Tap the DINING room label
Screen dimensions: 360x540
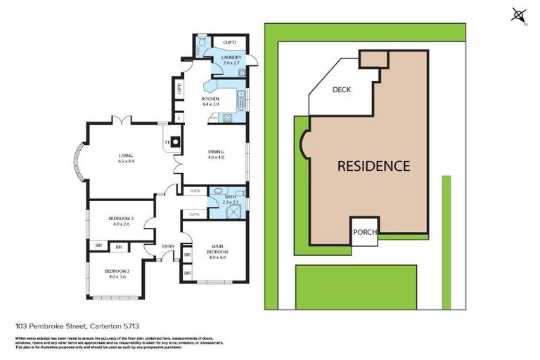point(215,152)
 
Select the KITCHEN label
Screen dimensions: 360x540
point(210,98)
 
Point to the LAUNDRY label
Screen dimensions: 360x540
point(231,58)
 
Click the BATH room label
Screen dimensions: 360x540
point(231,197)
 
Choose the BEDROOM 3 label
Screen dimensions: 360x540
point(120,219)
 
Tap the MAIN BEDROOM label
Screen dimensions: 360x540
point(217,248)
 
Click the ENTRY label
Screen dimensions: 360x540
point(168,246)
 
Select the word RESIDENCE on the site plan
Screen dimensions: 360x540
point(373,167)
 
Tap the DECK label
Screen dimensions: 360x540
point(341,90)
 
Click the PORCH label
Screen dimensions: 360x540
point(365,233)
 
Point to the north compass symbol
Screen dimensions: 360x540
point(519,15)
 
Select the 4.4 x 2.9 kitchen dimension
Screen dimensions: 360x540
point(210,104)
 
